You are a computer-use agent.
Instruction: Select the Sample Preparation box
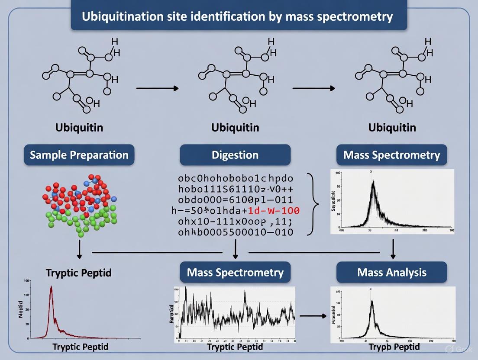click(79, 155)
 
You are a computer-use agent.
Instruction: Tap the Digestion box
click(235, 155)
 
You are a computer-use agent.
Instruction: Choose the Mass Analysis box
click(392, 272)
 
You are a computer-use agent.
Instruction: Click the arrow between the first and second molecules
click(157, 88)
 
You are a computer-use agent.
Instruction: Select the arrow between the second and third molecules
click(313, 88)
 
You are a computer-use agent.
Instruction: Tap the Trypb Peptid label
click(394, 347)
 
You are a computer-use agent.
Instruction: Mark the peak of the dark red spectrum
click(52, 287)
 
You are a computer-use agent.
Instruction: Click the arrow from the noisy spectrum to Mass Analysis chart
click(313, 315)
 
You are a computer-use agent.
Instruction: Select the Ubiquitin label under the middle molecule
click(235, 128)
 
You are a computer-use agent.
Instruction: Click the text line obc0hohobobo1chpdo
click(235, 178)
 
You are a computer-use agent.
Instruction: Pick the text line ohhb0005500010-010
click(235, 232)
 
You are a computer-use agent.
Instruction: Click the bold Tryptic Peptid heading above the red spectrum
click(78, 273)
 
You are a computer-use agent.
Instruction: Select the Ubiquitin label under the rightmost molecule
click(392, 128)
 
